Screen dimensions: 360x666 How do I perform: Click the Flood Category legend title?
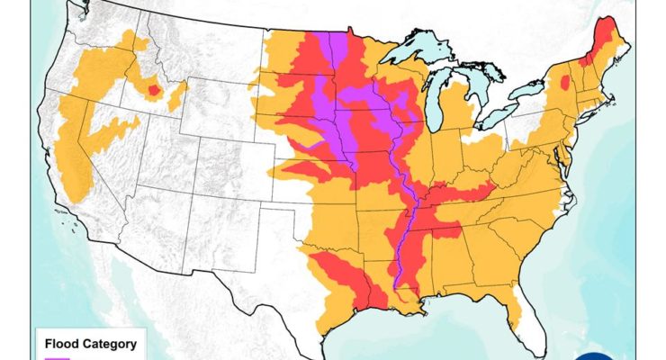tap(90, 343)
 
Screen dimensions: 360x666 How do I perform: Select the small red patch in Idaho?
tap(152, 90)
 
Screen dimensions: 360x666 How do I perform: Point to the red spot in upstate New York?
tap(564, 84)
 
